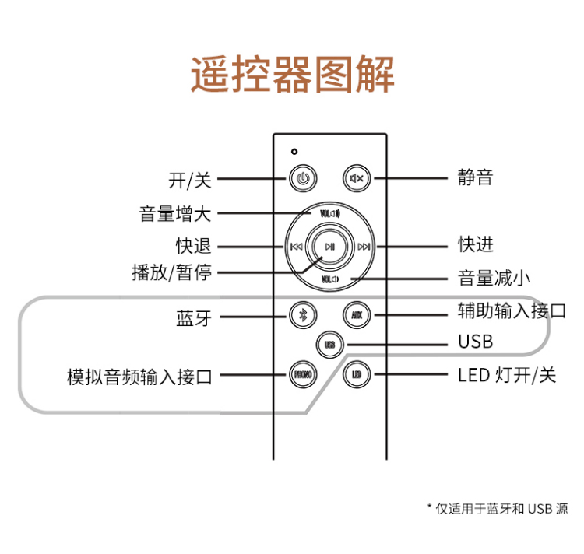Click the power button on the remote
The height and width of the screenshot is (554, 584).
pos(304,179)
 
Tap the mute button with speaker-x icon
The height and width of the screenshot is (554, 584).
pos(357,179)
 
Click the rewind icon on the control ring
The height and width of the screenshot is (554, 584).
pos(296,247)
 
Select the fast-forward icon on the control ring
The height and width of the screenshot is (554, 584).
pos(364,247)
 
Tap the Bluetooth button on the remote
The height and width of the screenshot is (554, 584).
pos(304,315)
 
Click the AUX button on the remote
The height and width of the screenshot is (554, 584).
pos(357,315)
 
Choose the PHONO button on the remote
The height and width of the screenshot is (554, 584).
pos(304,374)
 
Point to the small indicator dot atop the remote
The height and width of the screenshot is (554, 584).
pos(294,150)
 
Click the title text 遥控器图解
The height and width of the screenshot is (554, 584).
pos(293,75)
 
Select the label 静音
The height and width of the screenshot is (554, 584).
pos(475,177)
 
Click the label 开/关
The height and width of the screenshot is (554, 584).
pos(190,181)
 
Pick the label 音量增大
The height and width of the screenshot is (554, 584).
pos(175,213)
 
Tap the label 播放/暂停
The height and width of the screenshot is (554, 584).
pos(172,272)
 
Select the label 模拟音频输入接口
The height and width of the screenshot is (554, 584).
pos(139,377)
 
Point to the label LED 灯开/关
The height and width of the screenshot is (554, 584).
pos(507,375)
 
